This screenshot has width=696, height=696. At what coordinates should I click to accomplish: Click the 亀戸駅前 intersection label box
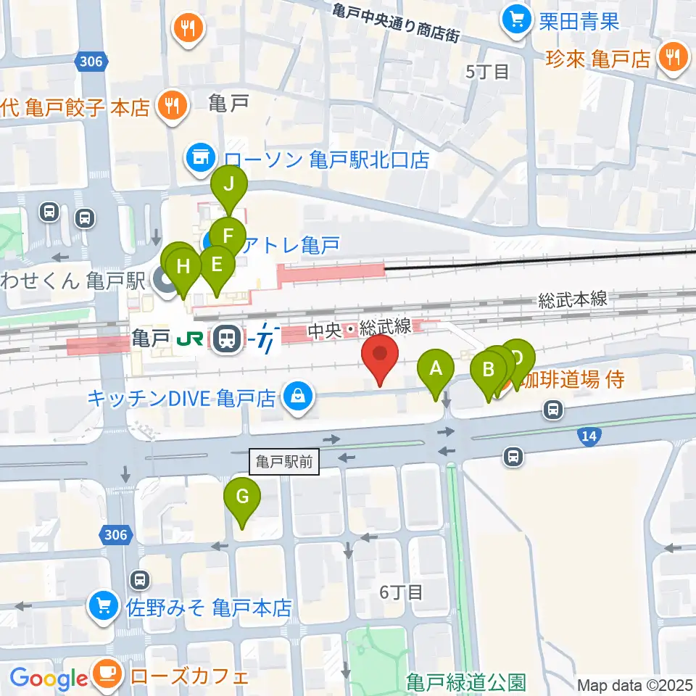[x=286, y=462]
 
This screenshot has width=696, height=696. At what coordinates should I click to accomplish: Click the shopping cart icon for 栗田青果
[x=516, y=20]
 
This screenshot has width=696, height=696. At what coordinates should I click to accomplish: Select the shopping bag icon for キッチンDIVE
[x=297, y=397]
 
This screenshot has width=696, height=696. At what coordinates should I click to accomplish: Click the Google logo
[x=49, y=679]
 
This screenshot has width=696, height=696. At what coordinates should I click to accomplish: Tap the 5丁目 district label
[x=488, y=71]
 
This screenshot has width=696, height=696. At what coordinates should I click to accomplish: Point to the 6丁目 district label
[x=401, y=592]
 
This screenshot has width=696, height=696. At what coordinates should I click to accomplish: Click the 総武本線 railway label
[x=572, y=299]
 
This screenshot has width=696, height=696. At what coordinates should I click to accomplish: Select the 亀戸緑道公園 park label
[x=465, y=682]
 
